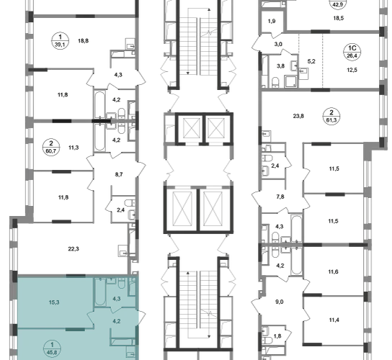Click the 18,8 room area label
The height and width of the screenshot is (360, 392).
click(x=84, y=41)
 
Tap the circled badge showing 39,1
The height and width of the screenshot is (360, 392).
click(x=60, y=41)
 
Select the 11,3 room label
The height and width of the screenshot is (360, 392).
click(x=73, y=148)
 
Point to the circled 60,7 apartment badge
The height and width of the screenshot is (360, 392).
click(x=51, y=148)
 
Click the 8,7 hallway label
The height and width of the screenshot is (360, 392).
click(x=119, y=174)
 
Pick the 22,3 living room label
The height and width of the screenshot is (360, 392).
click(x=73, y=249)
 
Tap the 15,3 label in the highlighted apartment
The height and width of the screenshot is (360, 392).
click(x=54, y=302)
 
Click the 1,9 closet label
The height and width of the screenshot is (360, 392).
click(x=272, y=21)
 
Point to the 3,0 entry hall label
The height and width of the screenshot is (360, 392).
click(x=278, y=44)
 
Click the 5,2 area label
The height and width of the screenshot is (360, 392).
click(x=311, y=61)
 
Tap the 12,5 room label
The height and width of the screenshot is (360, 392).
click(x=352, y=70)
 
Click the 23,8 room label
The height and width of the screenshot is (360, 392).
click(x=298, y=116)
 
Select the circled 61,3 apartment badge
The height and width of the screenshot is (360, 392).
click(x=331, y=117)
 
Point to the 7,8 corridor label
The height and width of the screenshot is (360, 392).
click(x=280, y=197)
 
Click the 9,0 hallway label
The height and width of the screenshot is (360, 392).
click(x=280, y=302)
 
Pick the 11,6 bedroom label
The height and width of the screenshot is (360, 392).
click(x=334, y=271)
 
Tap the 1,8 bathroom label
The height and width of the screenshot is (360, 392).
click(x=277, y=336)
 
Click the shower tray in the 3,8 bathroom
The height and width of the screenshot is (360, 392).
click(x=290, y=81)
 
